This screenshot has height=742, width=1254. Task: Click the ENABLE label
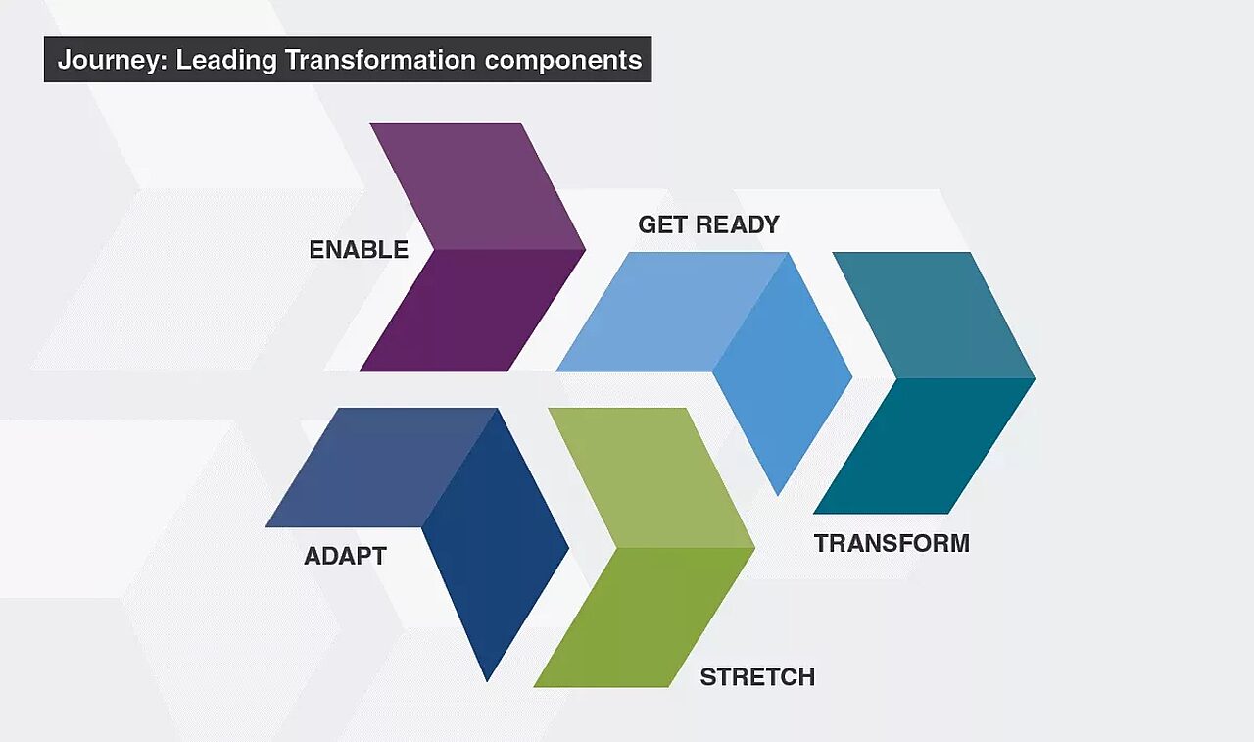pyautogui.click(x=359, y=250)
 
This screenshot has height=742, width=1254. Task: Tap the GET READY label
pyautogui.click(x=708, y=224)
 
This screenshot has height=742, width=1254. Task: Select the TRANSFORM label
pyautogui.click(x=892, y=543)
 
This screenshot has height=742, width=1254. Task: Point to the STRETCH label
pyautogui.click(x=757, y=677)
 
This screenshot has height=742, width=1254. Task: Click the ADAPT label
pyautogui.click(x=345, y=557)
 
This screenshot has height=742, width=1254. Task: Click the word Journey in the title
pyautogui.click(x=108, y=60)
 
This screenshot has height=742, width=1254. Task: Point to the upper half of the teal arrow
pyautogui.click(x=931, y=314)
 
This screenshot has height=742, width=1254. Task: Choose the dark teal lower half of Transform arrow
pyautogui.click(x=921, y=446)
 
